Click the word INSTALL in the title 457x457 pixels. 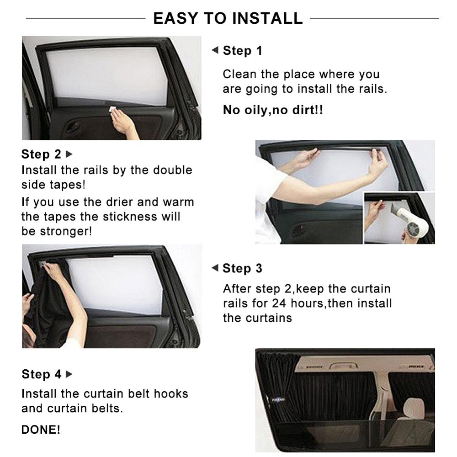(267, 18)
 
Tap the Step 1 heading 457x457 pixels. (242, 51)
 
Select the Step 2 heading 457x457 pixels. (41, 154)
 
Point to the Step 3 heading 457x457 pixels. (242, 268)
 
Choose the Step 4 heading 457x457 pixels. (41, 374)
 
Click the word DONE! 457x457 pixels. (41, 430)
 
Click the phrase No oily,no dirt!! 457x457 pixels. (273, 110)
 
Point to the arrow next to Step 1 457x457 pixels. (215, 50)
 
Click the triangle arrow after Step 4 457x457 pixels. (69, 374)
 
